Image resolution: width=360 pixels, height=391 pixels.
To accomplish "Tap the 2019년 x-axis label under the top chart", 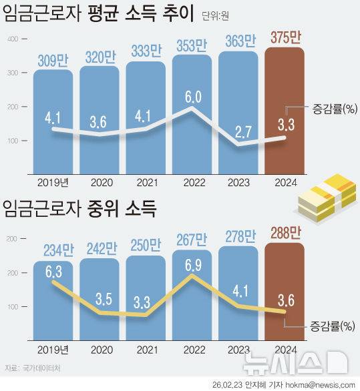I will click(53, 181).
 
